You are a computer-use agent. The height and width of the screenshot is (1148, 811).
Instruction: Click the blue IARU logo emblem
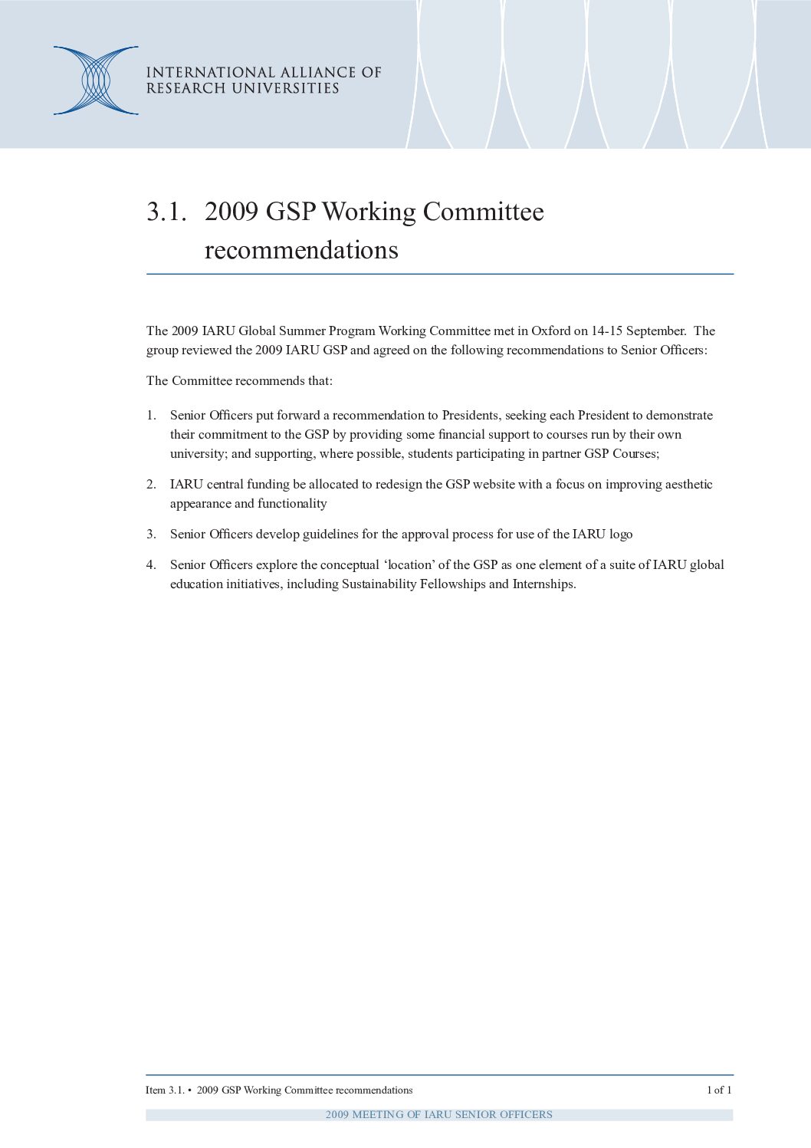click(x=96, y=81)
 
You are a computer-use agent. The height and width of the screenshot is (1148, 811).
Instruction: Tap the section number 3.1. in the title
click(x=166, y=212)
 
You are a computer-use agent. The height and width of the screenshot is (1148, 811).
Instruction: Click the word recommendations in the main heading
click(x=301, y=251)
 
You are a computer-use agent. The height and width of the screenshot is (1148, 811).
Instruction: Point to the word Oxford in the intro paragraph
click(x=551, y=331)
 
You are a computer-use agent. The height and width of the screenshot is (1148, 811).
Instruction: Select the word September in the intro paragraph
click(x=655, y=331)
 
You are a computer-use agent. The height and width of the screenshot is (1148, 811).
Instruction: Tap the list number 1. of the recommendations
click(x=151, y=416)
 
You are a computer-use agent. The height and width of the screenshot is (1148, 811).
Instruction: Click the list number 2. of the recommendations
click(x=151, y=485)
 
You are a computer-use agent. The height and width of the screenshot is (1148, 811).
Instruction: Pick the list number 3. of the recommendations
click(x=151, y=535)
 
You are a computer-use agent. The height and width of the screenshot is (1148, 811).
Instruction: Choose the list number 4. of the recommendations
click(x=151, y=565)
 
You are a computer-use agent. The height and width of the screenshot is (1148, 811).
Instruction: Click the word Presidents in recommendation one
click(x=470, y=416)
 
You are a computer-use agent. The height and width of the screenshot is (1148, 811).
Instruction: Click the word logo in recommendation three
click(x=621, y=535)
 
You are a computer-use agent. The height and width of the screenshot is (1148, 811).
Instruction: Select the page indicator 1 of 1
click(x=719, y=1090)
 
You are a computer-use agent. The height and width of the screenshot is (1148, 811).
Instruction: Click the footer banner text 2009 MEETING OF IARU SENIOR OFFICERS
click(x=438, y=1115)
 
